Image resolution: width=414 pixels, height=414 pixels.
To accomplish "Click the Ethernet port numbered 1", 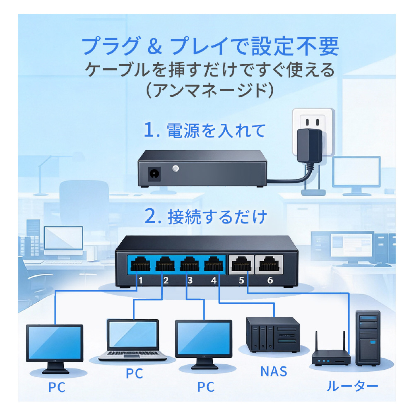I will (x=140, y=264).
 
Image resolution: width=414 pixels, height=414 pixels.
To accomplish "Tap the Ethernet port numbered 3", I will (x=188, y=264).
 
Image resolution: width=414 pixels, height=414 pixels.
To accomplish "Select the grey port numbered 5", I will (x=241, y=264).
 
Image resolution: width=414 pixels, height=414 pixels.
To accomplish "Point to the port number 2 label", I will (x=166, y=280).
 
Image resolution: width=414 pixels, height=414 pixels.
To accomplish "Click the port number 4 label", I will (x=214, y=280).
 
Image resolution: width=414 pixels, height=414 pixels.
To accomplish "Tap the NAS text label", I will (x=274, y=371).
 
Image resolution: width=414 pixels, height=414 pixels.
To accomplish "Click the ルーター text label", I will (x=352, y=387).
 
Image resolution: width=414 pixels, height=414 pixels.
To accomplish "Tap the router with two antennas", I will (x=331, y=352).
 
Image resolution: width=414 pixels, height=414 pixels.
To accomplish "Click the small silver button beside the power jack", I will (x=176, y=168).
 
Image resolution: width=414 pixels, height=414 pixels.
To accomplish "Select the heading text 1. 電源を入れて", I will (x=204, y=131).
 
